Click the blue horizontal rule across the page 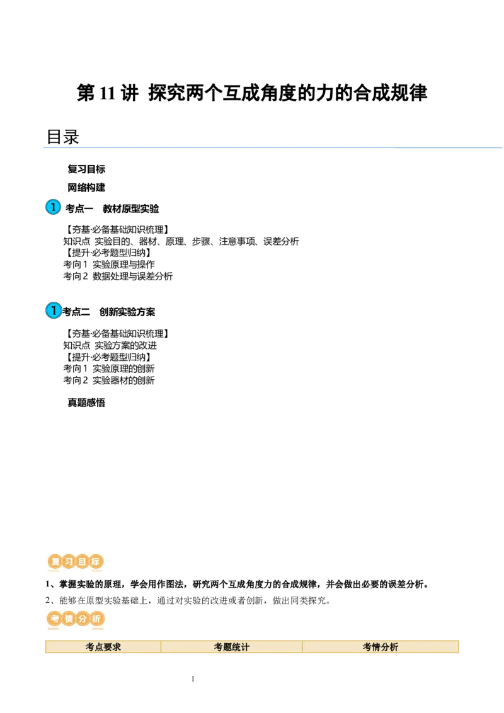(x=271, y=149)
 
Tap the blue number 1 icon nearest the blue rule (x=54, y=207)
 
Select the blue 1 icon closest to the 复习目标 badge (x=54, y=311)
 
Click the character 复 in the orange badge (x=55, y=561)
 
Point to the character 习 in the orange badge (x=69, y=561)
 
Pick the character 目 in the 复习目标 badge (x=83, y=561)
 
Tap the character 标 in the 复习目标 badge (x=96, y=561)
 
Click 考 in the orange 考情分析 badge (x=54, y=619)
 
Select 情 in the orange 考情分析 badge (x=68, y=619)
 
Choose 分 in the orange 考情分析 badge (x=82, y=619)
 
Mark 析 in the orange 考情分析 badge (x=96, y=619)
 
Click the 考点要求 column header (x=103, y=647)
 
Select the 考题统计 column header (x=232, y=647)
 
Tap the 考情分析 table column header (x=381, y=647)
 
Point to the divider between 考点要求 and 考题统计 (x=161, y=647)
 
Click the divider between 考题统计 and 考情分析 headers (x=302, y=647)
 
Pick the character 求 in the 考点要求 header (x=117, y=647)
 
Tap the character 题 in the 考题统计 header (x=227, y=647)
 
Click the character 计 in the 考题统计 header (x=245, y=647)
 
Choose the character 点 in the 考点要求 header (x=99, y=647)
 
